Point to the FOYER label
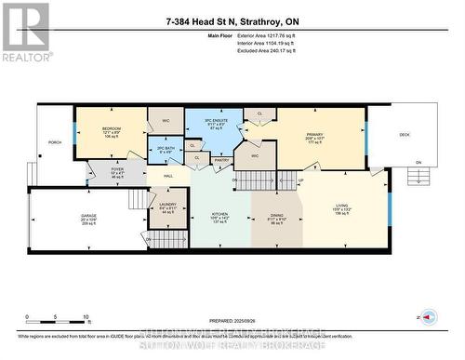pos(117,168)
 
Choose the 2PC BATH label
pos(166,149)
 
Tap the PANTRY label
pos(221,160)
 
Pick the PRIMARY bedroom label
pos(313,135)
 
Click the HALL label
pos(169,175)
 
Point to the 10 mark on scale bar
pos(86,316)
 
